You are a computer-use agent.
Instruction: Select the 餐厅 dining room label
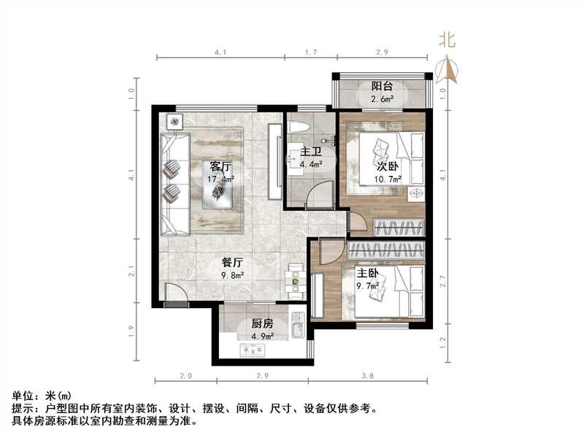click(x=233, y=262)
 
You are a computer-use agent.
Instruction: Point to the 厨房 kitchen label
click(x=262, y=323)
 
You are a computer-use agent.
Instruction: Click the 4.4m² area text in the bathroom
click(x=311, y=164)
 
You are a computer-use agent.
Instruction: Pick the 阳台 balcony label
click(x=382, y=86)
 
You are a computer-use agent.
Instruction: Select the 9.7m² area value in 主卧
click(x=367, y=285)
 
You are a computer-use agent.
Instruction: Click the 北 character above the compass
click(x=447, y=41)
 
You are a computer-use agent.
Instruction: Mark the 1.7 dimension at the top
click(x=310, y=53)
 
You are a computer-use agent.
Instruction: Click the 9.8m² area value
click(x=233, y=274)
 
